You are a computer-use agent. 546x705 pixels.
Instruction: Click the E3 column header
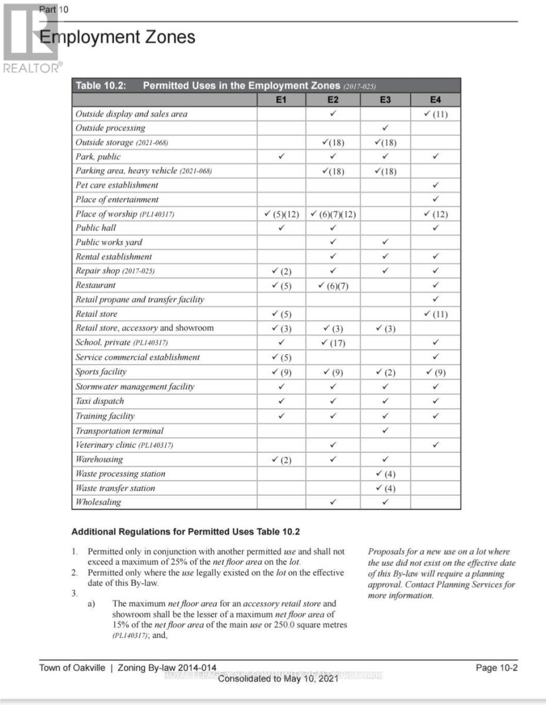(385, 100)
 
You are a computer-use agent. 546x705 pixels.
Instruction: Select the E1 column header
(281, 100)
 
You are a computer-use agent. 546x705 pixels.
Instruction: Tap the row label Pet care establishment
(116, 185)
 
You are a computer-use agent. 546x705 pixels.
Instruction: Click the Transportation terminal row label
(119, 431)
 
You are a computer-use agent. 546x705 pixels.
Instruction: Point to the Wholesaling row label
(98, 502)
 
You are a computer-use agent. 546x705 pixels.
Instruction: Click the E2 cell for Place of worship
(333, 214)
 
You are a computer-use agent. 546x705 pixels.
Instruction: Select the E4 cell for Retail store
(436, 314)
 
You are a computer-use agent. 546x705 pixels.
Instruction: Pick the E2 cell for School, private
(333, 343)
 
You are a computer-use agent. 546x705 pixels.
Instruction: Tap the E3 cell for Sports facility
(385, 372)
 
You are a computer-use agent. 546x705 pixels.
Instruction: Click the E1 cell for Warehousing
(281, 460)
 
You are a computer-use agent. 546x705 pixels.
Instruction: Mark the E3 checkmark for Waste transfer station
(385, 488)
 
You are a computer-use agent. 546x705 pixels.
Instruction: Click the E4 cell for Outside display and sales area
(436, 114)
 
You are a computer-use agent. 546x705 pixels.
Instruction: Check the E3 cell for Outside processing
(385, 127)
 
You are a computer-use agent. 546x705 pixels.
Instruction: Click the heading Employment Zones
(117, 37)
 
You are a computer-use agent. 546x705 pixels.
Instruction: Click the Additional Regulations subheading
(185, 532)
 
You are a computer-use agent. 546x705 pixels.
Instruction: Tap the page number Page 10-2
(497, 668)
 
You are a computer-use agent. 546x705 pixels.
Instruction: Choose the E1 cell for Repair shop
(281, 271)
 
